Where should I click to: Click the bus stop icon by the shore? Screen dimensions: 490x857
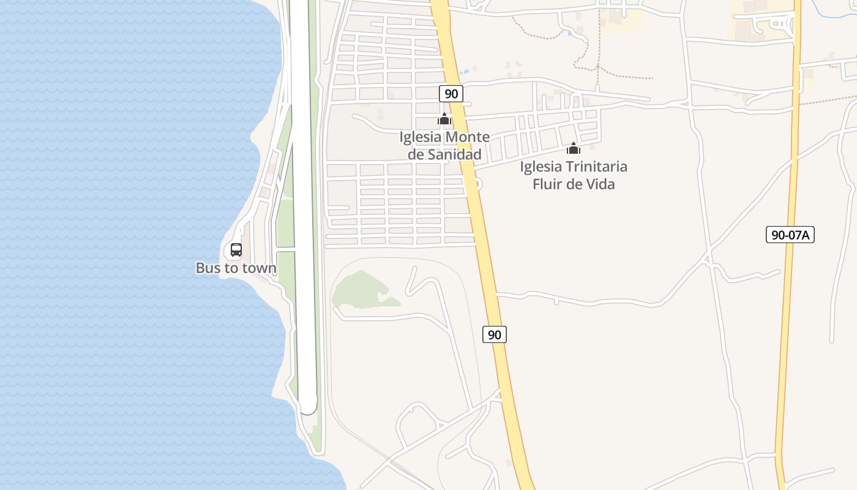pyautogui.click(x=236, y=250)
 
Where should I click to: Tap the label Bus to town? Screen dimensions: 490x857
pyautogui.click(x=236, y=268)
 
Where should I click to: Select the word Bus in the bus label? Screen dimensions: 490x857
pyautogui.click(x=208, y=268)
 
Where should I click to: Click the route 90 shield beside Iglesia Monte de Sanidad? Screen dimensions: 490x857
pyautogui.click(x=451, y=94)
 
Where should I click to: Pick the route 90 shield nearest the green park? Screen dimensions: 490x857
pyautogui.click(x=495, y=334)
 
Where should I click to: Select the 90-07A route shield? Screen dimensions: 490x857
pyautogui.click(x=790, y=235)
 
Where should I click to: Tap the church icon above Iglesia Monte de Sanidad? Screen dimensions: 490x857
pyautogui.click(x=444, y=119)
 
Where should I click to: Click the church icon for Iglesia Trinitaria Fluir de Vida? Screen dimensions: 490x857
pyautogui.click(x=574, y=148)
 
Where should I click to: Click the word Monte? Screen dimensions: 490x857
pyautogui.click(x=468, y=137)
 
